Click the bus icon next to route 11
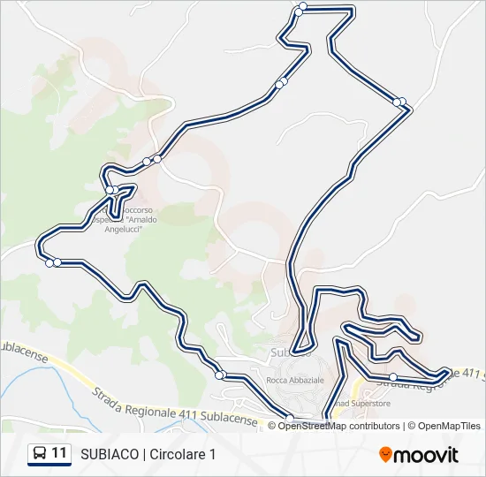click(40, 454)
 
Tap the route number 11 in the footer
click(60, 454)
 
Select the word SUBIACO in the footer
click(109, 455)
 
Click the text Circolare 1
click(183, 455)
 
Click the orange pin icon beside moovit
click(385, 455)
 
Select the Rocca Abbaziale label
click(295, 379)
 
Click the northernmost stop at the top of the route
click(302, 7)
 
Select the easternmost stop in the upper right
click(401, 102)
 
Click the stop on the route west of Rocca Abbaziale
click(219, 375)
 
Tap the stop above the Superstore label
click(393, 377)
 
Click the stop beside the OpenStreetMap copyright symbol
click(289, 418)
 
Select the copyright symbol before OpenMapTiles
click(411, 426)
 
